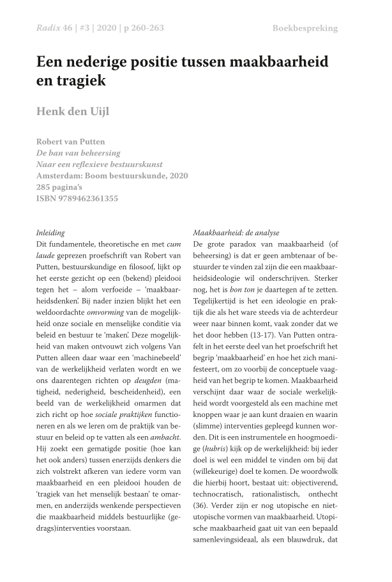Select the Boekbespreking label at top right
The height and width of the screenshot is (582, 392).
tap(305, 28)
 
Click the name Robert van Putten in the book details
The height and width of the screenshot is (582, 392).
tap(70, 141)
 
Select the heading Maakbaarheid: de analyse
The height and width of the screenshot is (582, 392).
tap(236, 233)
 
